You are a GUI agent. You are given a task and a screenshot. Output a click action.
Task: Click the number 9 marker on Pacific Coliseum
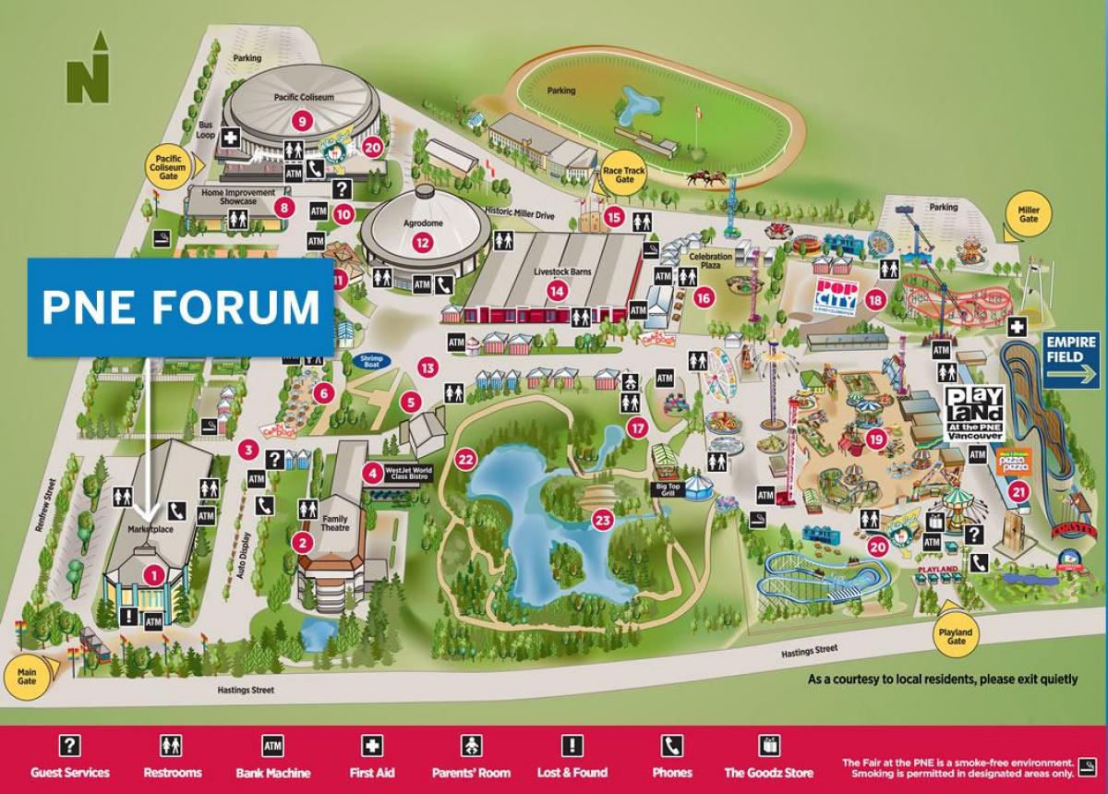pos(300,120)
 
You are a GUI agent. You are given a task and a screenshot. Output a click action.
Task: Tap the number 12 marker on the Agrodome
pos(422,244)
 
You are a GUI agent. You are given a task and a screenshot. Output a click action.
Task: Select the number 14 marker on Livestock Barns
pos(556,290)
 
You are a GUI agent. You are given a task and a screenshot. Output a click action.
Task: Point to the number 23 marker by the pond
pos(603,520)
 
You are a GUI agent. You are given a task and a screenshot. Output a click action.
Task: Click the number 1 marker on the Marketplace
pos(154,575)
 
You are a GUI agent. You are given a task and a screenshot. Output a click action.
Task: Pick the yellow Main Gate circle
pos(27,673)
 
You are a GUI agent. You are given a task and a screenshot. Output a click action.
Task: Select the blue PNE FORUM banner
pos(180,307)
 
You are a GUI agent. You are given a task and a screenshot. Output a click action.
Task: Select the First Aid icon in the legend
pos(372,746)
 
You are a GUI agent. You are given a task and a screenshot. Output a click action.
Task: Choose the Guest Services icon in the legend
pos(69,746)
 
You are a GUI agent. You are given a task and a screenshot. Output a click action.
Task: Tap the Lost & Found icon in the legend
pos(572,746)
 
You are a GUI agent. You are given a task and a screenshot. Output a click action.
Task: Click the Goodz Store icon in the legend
pos(769,746)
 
